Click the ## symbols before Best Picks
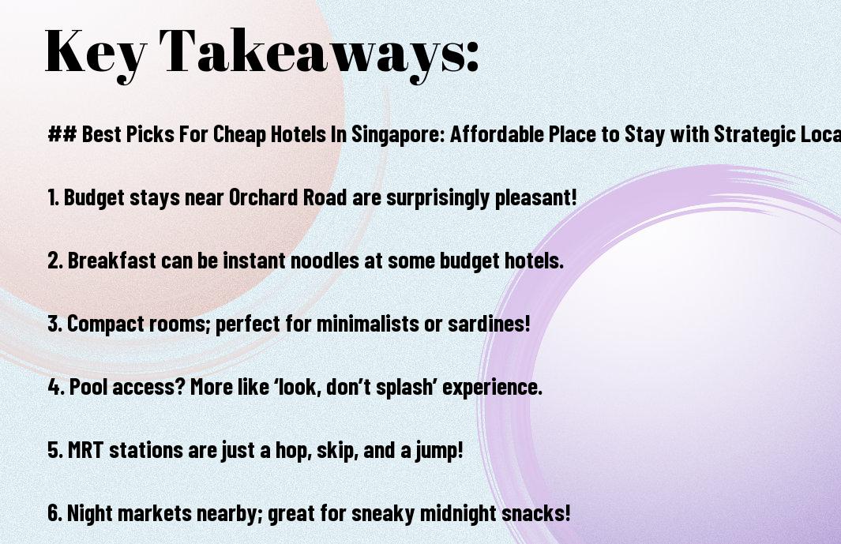tap(62, 133)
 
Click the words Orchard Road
tap(287, 197)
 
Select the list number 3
tap(54, 324)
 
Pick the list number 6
tap(54, 513)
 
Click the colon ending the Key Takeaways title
tap(472, 56)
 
